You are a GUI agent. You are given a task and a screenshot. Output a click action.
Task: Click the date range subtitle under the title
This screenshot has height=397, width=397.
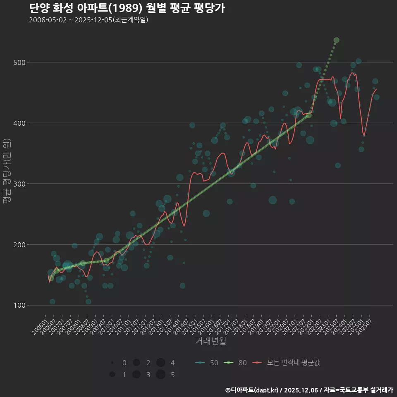tap(88, 20)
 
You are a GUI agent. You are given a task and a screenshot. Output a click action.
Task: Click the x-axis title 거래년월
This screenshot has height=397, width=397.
tap(210, 341)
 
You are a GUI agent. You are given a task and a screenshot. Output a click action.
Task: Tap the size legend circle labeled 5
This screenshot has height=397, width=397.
tap(161, 375)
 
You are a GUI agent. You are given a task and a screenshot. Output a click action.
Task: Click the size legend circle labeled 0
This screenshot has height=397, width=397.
tap(112, 363)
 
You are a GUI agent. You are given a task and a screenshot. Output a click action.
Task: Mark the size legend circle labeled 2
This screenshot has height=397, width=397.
tap(136, 363)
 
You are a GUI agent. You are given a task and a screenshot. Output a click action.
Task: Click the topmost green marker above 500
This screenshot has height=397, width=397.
tap(336, 40)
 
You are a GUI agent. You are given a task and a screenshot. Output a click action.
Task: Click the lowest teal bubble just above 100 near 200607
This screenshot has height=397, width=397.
tap(52, 302)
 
